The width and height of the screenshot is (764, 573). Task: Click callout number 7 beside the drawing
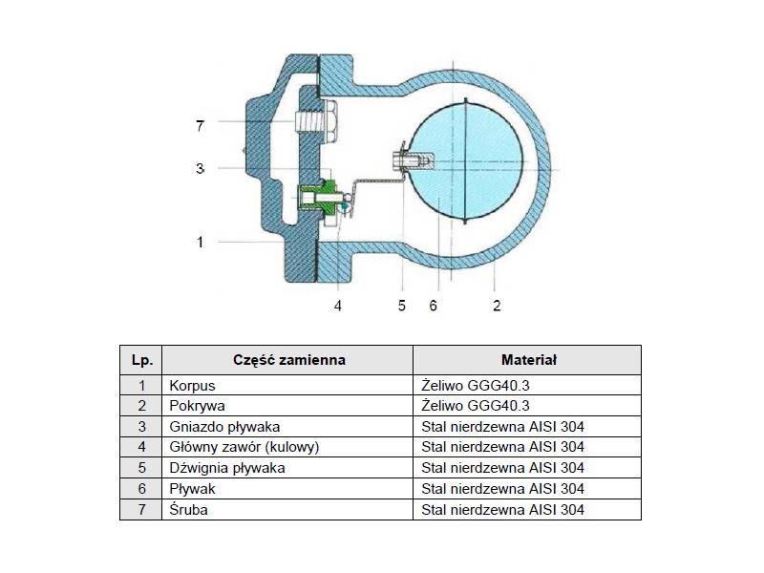(x=200, y=126)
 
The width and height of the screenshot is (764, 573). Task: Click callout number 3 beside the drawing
(x=200, y=169)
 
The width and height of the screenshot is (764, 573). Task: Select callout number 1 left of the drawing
(x=200, y=242)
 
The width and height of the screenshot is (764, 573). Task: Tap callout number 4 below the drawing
(x=338, y=306)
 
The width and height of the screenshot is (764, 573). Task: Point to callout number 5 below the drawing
(x=401, y=306)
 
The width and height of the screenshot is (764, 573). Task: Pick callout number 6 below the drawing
(x=434, y=306)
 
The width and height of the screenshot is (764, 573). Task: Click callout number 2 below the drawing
(x=497, y=306)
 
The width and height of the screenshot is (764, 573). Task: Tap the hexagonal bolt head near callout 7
(x=330, y=121)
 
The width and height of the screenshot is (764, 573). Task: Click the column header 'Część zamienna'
(x=289, y=360)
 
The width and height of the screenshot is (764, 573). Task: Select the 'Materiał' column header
(x=529, y=360)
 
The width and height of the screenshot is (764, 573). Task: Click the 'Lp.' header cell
(x=141, y=360)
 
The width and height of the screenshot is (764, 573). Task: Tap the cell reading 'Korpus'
(x=287, y=386)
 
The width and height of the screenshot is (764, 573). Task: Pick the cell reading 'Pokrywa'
(x=287, y=406)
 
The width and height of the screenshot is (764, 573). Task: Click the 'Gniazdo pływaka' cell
(x=287, y=426)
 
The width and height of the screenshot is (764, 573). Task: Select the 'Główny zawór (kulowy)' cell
(x=287, y=447)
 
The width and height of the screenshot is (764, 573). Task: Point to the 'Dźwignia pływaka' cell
(x=287, y=468)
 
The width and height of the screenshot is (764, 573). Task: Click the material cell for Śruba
(x=527, y=509)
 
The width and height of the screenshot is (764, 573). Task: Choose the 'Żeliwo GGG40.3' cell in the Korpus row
(x=527, y=386)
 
